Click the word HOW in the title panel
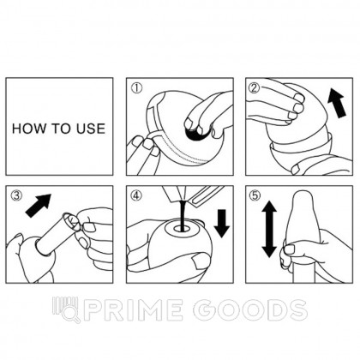(x=26, y=129)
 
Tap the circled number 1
(x=136, y=88)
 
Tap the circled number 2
(x=255, y=88)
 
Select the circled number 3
(x=16, y=195)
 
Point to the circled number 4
(x=136, y=195)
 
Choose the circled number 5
(x=255, y=195)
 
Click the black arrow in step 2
(x=337, y=103)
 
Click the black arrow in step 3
(x=38, y=206)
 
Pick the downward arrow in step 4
(x=222, y=224)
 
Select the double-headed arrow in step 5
(x=269, y=229)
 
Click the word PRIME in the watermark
(x=134, y=310)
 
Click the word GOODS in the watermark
(x=249, y=310)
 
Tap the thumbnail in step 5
(x=290, y=249)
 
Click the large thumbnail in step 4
(x=201, y=261)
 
